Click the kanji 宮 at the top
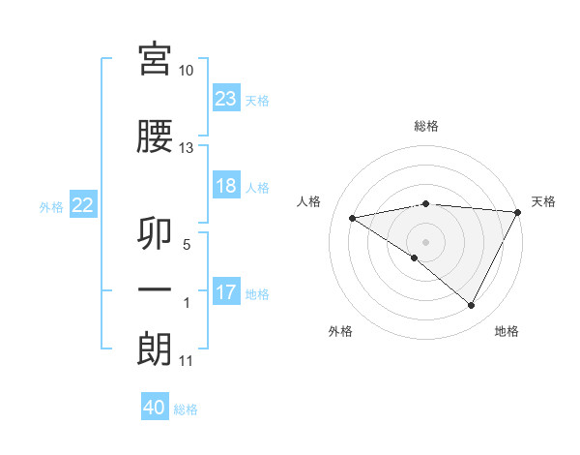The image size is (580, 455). point(156,61)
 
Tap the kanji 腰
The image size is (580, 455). point(156,137)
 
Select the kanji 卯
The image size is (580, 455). point(156,232)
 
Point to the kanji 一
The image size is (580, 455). point(156,290)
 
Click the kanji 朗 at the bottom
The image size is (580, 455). point(156,349)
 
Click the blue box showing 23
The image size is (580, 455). point(226,99)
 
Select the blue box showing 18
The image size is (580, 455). point(226,187)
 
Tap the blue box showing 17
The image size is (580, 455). point(226,293)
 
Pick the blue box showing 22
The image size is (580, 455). point(83,205)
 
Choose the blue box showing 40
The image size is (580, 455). point(155,409)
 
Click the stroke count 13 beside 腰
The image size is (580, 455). point(187,148)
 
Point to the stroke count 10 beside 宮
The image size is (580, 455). point(187,71)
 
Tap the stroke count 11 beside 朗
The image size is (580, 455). point(187,361)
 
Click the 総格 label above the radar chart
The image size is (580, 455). point(426,126)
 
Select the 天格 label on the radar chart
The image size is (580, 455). point(543,201)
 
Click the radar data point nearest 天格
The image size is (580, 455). point(518,212)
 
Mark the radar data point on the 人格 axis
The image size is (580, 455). point(353,218)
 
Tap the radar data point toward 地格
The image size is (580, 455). point(471,305)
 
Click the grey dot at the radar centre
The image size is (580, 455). point(425,241)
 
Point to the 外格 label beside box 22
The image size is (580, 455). point(51,206)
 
